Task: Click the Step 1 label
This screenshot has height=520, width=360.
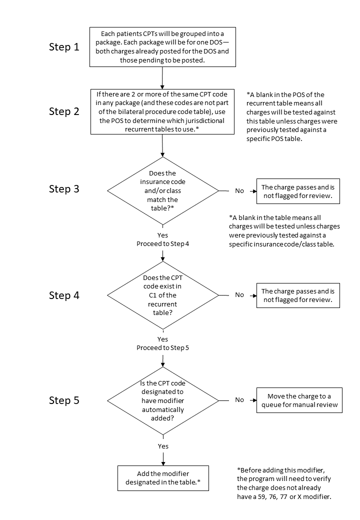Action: click(64, 47)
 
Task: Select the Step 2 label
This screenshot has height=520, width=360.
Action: click(64, 111)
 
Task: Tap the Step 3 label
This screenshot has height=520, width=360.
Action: click(64, 189)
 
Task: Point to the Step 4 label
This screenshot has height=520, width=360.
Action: click(64, 295)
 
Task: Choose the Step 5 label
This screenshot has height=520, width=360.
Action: click(64, 400)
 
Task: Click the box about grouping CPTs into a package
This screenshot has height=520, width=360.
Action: click(162, 47)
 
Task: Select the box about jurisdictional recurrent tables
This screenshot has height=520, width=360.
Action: click(162, 112)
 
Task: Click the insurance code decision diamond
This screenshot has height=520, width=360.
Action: click(163, 190)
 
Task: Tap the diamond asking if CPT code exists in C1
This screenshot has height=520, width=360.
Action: click(163, 295)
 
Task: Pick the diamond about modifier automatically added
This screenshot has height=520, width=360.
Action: click(163, 400)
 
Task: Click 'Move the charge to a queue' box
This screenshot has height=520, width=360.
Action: click(299, 400)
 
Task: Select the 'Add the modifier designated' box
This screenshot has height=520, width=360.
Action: click(163, 478)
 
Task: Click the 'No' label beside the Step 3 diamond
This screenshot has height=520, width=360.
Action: click(239, 190)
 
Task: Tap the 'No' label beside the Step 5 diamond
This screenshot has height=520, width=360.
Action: click(239, 400)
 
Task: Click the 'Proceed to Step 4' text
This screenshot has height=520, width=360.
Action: click(163, 244)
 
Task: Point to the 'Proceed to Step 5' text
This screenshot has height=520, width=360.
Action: click(163, 348)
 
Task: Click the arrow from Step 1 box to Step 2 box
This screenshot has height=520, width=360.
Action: click(162, 78)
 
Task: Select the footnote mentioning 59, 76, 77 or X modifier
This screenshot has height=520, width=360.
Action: click(284, 483)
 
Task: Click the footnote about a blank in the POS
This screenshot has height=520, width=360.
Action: click(291, 116)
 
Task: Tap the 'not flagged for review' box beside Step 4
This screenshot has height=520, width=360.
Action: click(298, 295)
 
